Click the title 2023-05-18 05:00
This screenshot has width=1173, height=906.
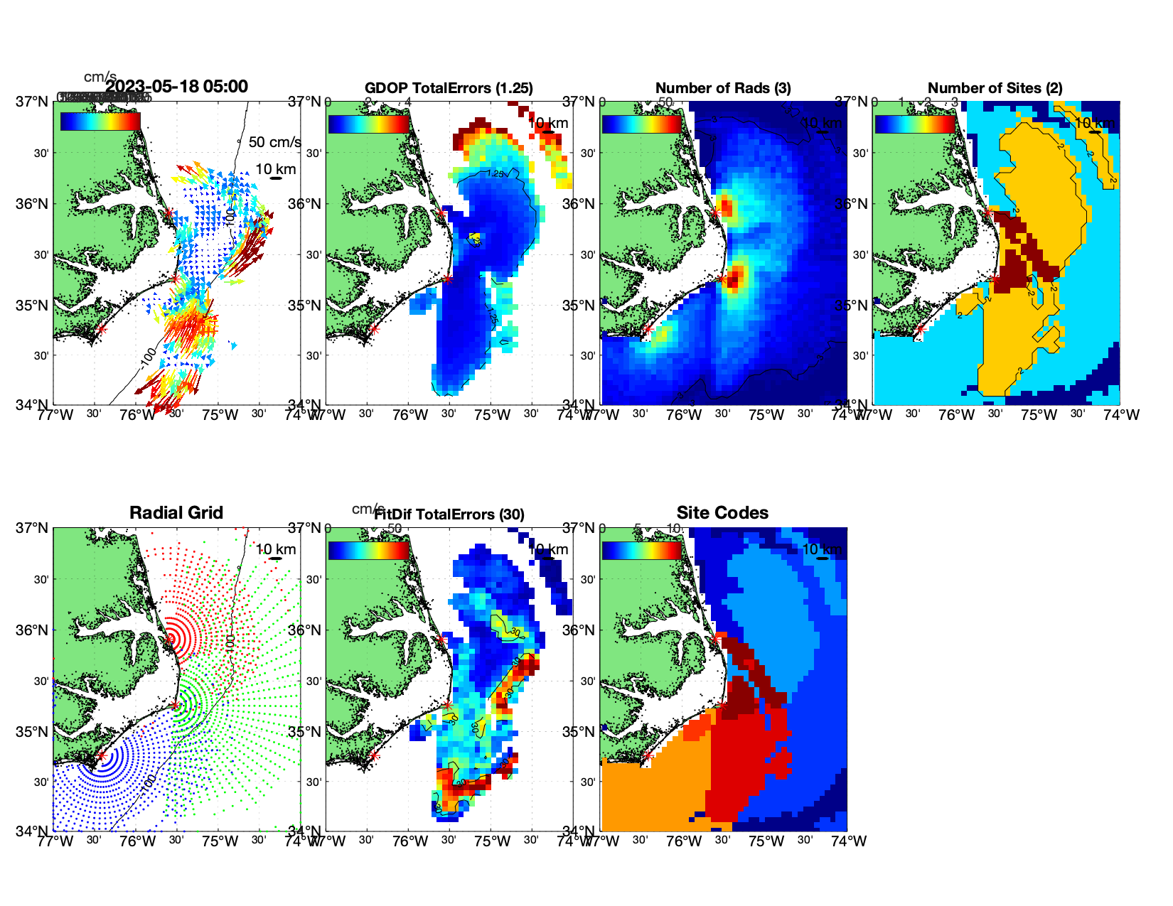click(x=177, y=87)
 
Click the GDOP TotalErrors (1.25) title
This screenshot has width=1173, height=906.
click(x=449, y=88)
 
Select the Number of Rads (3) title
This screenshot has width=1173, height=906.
click(x=723, y=88)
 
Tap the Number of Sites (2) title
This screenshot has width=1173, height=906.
click(x=995, y=88)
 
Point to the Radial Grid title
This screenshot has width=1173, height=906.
click(x=176, y=513)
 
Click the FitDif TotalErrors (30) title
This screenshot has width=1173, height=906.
click(x=449, y=514)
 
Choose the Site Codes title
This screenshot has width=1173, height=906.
click(x=722, y=513)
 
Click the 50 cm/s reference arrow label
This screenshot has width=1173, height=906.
click(x=274, y=142)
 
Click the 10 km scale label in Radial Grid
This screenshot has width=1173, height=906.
click(x=275, y=549)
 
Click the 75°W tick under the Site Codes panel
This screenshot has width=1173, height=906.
click(x=766, y=841)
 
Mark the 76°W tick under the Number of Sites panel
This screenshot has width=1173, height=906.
click(x=956, y=415)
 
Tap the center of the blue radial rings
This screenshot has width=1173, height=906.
click(x=101, y=756)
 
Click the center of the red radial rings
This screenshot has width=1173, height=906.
click(x=170, y=639)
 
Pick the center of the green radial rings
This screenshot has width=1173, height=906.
click(x=176, y=705)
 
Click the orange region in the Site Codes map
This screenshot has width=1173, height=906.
click(x=654, y=789)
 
